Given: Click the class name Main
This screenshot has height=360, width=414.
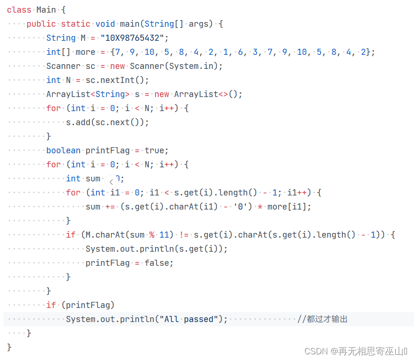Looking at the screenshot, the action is tap(46, 9).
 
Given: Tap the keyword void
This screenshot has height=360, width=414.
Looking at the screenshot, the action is tap(105, 23).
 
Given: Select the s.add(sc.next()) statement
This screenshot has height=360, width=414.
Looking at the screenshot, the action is tap(107, 122).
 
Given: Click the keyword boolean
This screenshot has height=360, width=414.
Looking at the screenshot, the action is tap(63, 150).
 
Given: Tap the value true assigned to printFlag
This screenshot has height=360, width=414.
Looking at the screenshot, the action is tap(154, 150).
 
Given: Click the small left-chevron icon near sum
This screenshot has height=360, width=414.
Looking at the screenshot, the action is tap(111, 181).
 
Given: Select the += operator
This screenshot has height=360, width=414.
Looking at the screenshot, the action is tap(110, 206).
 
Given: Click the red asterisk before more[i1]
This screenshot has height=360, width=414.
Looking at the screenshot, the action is tap(259, 206).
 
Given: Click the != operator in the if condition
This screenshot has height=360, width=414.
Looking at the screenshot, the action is tap(183, 234).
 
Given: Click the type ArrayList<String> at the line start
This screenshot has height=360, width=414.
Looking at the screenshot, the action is tap(88, 94).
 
